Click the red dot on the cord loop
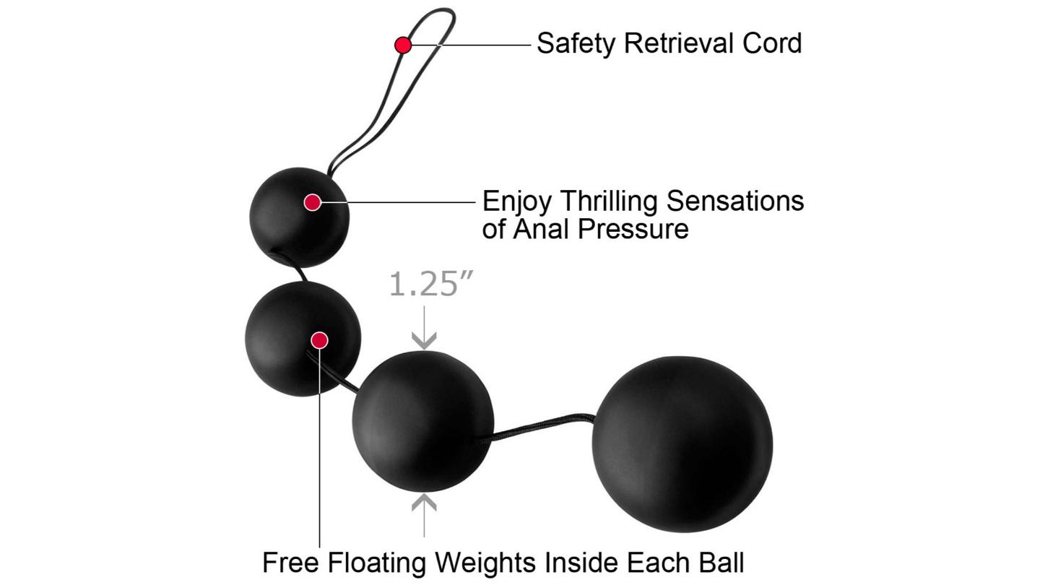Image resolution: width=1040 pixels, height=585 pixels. [x=403, y=45]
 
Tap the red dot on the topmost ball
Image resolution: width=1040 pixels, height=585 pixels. [x=312, y=202]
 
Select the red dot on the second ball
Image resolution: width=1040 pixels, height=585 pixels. [x=319, y=340]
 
